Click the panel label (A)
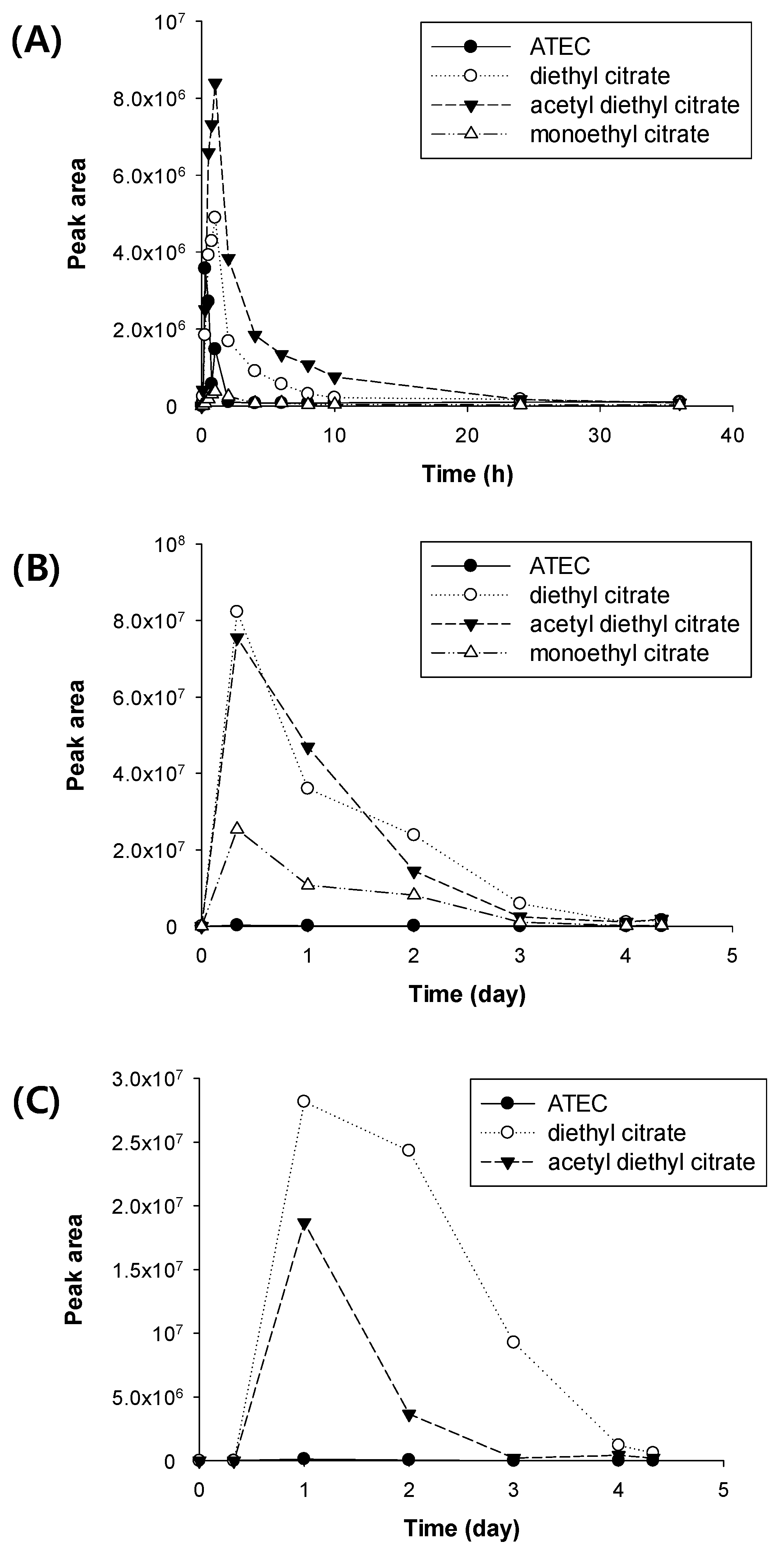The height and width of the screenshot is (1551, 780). (x=36, y=42)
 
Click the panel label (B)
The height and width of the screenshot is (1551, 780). (x=36, y=569)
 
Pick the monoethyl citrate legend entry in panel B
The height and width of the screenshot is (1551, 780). (x=618, y=653)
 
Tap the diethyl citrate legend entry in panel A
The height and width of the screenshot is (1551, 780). (x=599, y=76)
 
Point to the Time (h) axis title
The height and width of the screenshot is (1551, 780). (x=468, y=474)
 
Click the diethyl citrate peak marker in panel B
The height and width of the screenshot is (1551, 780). (x=237, y=611)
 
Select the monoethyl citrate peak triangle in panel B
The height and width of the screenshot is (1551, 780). (x=237, y=828)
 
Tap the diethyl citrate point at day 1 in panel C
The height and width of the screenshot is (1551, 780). (x=304, y=1101)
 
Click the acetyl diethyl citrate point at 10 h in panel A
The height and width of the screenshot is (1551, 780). (x=334, y=377)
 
